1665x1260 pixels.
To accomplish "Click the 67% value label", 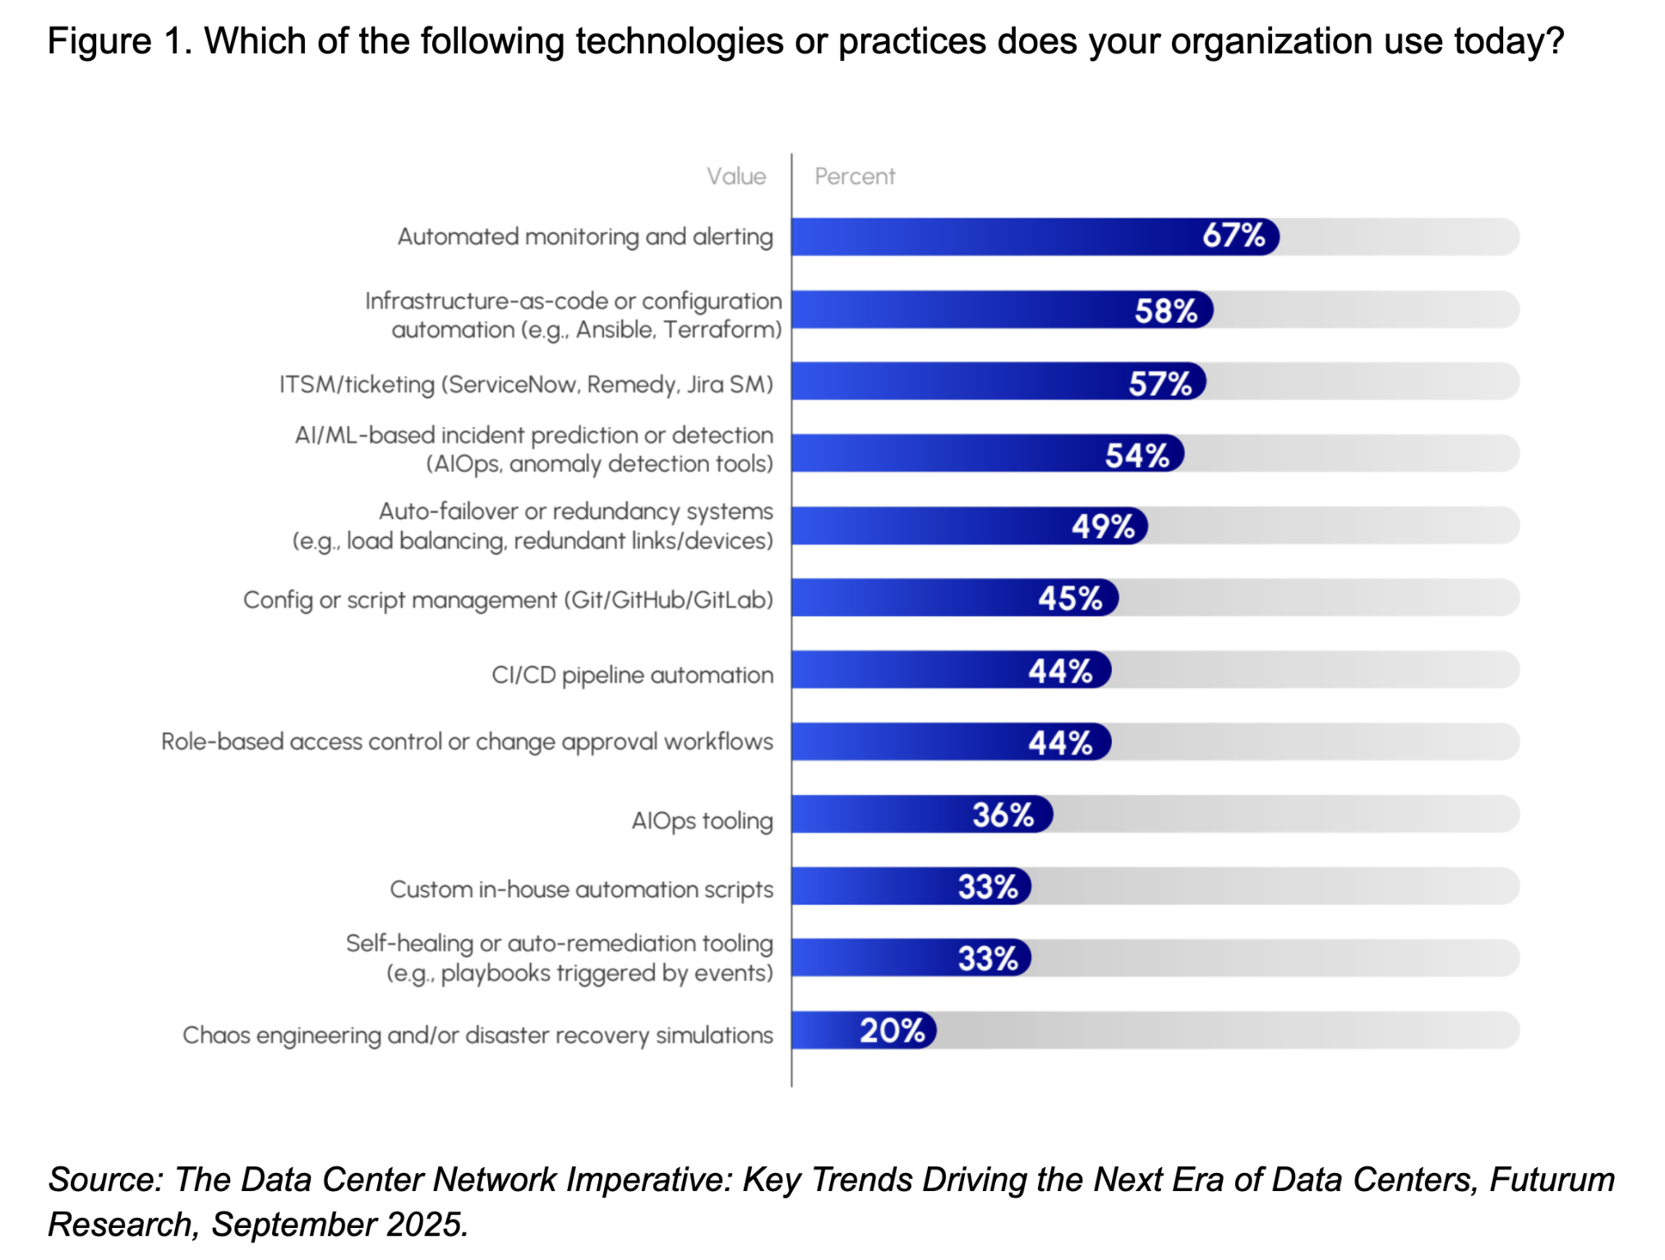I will click(1233, 236).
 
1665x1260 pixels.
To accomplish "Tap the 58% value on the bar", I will click(1165, 310).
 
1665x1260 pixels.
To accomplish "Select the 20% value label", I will click(892, 1030).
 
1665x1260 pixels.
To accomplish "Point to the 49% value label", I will click(1103, 526).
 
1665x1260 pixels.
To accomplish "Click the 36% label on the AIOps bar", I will click(1003, 815).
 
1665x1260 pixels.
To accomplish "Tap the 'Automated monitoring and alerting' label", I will click(585, 237).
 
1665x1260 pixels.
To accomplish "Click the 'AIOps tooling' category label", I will click(702, 821).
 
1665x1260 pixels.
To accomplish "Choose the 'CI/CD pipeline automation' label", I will click(632, 675).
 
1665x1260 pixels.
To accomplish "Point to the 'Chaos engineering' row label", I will click(477, 1035).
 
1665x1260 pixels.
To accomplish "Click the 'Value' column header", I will click(736, 176).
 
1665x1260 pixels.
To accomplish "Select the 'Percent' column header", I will click(855, 176).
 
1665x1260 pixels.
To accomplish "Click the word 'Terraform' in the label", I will click(722, 330).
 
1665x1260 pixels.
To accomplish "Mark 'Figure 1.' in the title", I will click(119, 41).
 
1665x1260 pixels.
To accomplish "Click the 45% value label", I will click(1069, 598).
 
